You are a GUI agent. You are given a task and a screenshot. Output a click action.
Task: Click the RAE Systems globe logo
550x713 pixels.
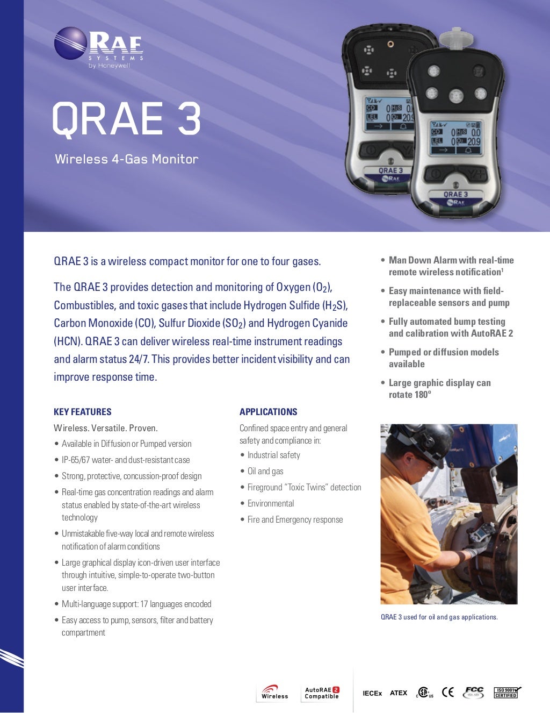tap(70, 43)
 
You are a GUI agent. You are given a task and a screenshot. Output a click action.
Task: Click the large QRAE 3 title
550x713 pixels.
tap(126, 118)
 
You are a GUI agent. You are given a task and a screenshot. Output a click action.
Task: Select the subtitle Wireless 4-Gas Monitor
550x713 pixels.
tap(127, 159)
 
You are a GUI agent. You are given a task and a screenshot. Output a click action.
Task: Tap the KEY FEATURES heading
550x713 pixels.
tap(83, 412)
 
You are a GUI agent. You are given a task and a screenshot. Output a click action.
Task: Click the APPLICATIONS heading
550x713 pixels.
tap(268, 412)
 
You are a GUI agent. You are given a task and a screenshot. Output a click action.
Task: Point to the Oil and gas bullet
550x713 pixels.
tap(265, 471)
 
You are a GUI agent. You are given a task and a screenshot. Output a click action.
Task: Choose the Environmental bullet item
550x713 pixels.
tap(271, 503)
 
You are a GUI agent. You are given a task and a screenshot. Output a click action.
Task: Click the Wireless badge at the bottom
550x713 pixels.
tap(274, 692)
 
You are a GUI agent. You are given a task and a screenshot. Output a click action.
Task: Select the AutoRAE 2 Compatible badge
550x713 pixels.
tap(322, 693)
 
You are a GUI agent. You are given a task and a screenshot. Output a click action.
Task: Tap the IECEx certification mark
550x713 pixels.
tap(372, 693)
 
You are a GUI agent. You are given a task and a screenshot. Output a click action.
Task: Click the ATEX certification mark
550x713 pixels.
tap(399, 693)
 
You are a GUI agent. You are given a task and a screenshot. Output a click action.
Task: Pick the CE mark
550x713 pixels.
tap(447, 692)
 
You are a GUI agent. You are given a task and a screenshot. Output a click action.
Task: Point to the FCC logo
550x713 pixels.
tap(474, 692)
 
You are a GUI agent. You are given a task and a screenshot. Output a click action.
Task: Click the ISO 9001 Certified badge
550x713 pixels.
tap(506, 693)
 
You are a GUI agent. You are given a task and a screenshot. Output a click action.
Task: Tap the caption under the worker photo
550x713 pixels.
tap(439, 617)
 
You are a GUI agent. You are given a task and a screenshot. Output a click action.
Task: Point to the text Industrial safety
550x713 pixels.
tap(273, 455)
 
